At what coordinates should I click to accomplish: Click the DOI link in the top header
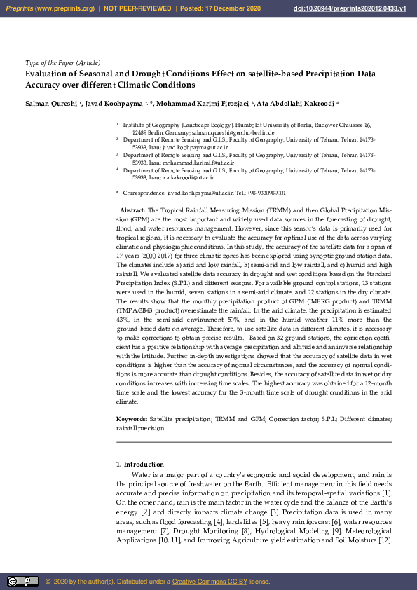click(360, 8)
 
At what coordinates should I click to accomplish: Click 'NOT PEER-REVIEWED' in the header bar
click(137, 8)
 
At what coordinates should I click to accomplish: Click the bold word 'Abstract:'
click(133, 210)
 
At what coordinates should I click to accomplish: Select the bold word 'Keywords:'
click(132, 418)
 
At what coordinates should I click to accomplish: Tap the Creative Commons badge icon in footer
click(22, 581)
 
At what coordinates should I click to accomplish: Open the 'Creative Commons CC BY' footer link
click(205, 582)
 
